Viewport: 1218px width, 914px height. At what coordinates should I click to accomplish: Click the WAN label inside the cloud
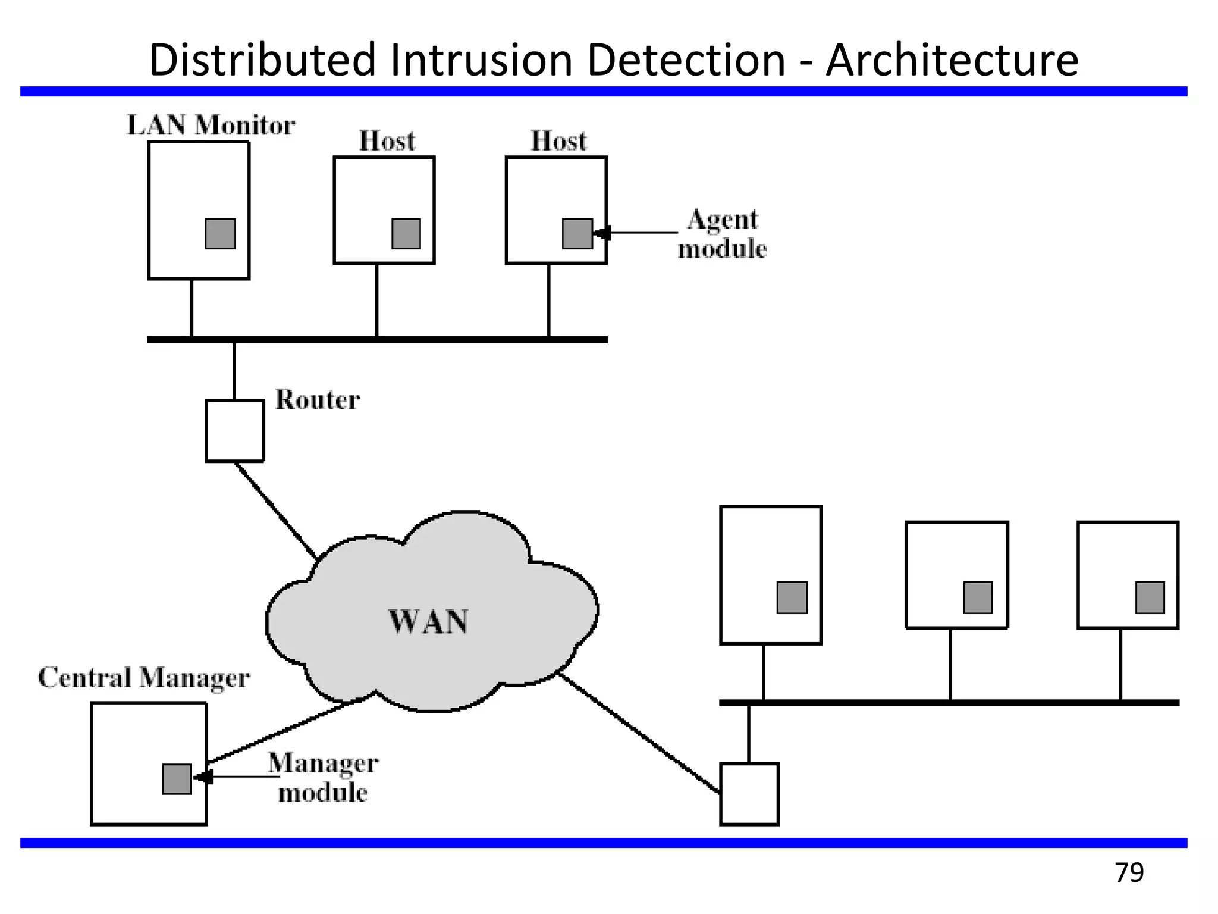428,622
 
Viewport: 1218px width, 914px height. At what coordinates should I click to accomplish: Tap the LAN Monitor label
211,126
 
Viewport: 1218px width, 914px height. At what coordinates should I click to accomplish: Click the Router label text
318,400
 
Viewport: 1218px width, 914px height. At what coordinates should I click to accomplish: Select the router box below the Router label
235,431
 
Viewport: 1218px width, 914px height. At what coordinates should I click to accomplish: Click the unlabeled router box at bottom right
749,794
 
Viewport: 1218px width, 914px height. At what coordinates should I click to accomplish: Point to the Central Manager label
144,678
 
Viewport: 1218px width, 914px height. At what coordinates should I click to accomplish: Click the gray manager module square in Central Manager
177,779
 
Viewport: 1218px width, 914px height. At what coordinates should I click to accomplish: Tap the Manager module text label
323,778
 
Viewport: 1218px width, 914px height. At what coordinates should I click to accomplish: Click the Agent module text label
722,234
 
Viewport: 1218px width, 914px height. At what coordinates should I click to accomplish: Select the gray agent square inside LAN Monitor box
220,233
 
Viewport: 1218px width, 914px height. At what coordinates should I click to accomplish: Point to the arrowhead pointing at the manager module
203,777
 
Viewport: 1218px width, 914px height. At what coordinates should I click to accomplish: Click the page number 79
1129,873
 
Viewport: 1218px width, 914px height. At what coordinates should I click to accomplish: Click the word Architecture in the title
952,60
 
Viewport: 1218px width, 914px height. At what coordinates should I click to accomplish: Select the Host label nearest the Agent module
558,141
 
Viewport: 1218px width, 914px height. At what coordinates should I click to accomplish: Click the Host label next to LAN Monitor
387,141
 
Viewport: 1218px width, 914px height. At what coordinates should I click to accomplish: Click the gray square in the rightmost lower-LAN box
1150,597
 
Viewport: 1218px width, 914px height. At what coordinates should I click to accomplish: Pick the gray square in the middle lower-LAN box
978,597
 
